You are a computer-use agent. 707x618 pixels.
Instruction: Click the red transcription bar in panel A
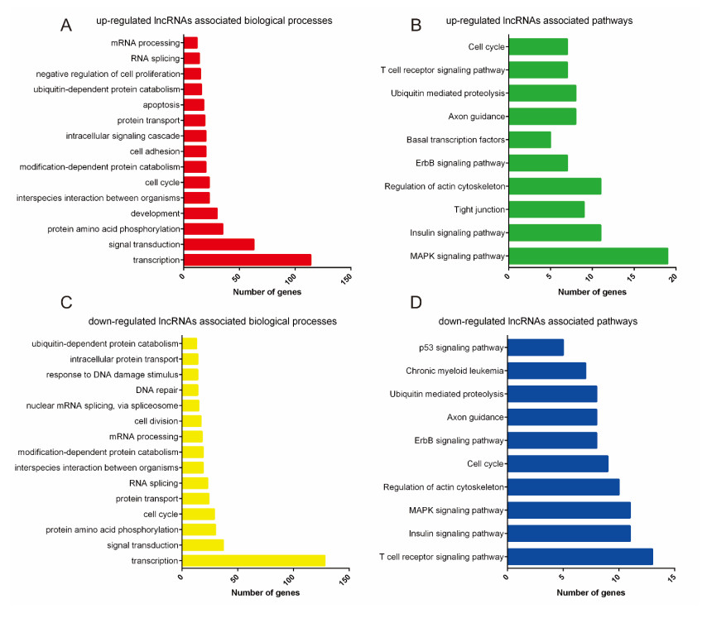(247, 260)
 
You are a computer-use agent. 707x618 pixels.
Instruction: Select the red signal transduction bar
(219, 244)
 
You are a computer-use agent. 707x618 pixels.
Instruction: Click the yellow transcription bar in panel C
(253, 561)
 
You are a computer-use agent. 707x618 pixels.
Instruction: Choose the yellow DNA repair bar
(190, 390)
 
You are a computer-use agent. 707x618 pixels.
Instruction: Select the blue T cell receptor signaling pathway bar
(580, 557)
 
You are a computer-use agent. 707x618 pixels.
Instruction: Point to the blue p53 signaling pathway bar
(535, 347)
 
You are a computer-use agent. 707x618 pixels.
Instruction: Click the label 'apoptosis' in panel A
(161, 105)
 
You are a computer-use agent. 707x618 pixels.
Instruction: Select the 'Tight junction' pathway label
(479, 210)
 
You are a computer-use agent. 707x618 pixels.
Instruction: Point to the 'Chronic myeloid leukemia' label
(454, 371)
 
